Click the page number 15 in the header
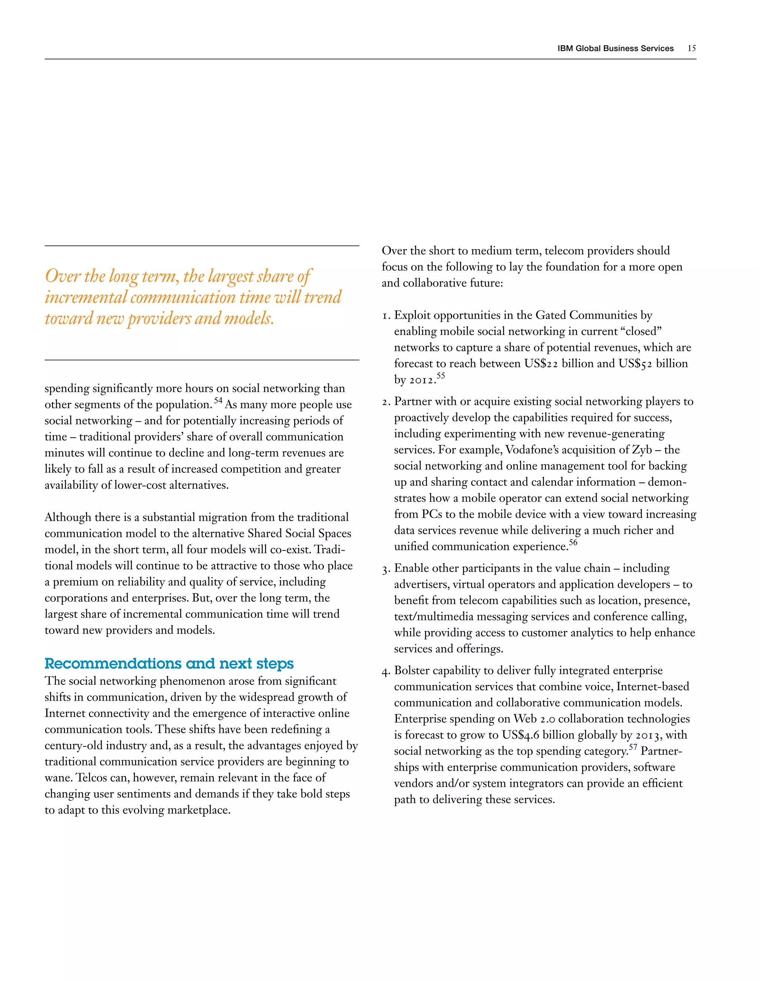tap(691, 49)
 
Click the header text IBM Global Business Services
tap(615, 49)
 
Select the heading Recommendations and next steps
tap(169, 664)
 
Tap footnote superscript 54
tap(218, 400)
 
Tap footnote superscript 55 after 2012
tap(441, 375)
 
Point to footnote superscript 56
tap(573, 542)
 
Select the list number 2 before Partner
tap(385, 402)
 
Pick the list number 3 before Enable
tap(385, 570)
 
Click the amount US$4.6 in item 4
tap(520, 735)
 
